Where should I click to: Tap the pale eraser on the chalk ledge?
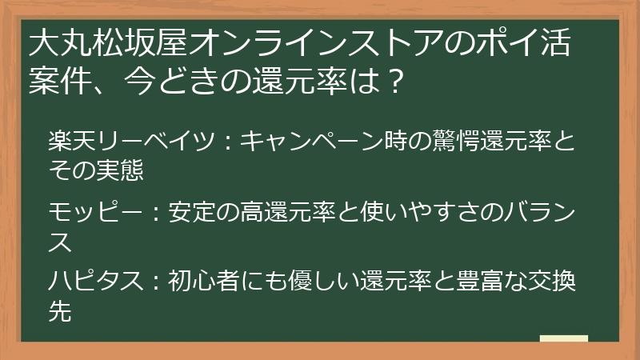click(x=563, y=338)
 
